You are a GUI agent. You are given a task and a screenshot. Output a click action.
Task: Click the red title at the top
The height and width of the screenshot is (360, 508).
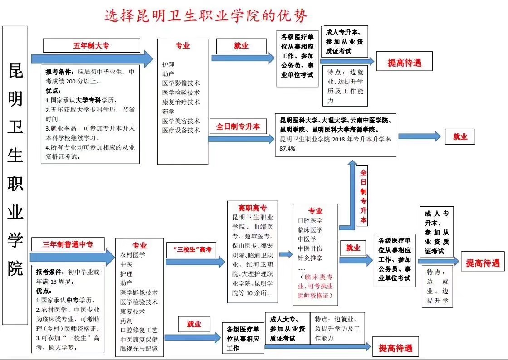tap(206, 15)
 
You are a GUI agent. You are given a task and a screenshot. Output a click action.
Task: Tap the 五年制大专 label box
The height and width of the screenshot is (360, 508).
tap(91, 45)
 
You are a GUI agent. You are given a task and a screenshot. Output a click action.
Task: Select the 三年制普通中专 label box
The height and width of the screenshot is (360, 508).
tap(68, 244)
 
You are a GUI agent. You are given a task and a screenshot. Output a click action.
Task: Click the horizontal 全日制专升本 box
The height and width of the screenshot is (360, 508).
tap(238, 126)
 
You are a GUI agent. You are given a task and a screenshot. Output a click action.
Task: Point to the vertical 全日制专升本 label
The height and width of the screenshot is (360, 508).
tap(363, 196)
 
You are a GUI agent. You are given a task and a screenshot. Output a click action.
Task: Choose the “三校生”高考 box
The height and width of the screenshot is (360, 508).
tap(192, 250)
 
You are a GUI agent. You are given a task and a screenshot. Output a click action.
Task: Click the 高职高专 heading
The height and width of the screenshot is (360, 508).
tap(252, 208)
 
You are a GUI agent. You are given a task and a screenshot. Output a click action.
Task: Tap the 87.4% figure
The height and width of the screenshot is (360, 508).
tap(288, 149)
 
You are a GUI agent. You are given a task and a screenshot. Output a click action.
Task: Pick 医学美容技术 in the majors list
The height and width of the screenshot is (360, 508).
tap(181, 121)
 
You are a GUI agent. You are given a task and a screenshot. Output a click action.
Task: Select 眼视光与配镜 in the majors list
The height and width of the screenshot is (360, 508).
tap(139, 349)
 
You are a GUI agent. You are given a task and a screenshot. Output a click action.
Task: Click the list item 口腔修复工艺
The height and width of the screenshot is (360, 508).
tap(139, 330)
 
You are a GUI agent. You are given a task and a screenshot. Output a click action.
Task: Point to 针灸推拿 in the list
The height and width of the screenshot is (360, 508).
tap(310, 258)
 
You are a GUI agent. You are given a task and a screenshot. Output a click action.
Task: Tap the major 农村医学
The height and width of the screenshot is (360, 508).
tap(132, 255)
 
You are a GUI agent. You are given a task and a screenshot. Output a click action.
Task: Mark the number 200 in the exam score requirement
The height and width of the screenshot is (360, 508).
tap(70, 81)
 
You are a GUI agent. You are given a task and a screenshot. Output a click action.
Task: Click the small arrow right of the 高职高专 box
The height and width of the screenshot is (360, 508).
tap(286, 254)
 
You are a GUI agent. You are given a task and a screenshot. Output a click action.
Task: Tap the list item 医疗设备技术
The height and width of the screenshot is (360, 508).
tap(181, 130)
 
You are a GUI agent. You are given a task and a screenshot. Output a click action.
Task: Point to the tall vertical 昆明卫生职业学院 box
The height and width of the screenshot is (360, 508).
tap(15, 175)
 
